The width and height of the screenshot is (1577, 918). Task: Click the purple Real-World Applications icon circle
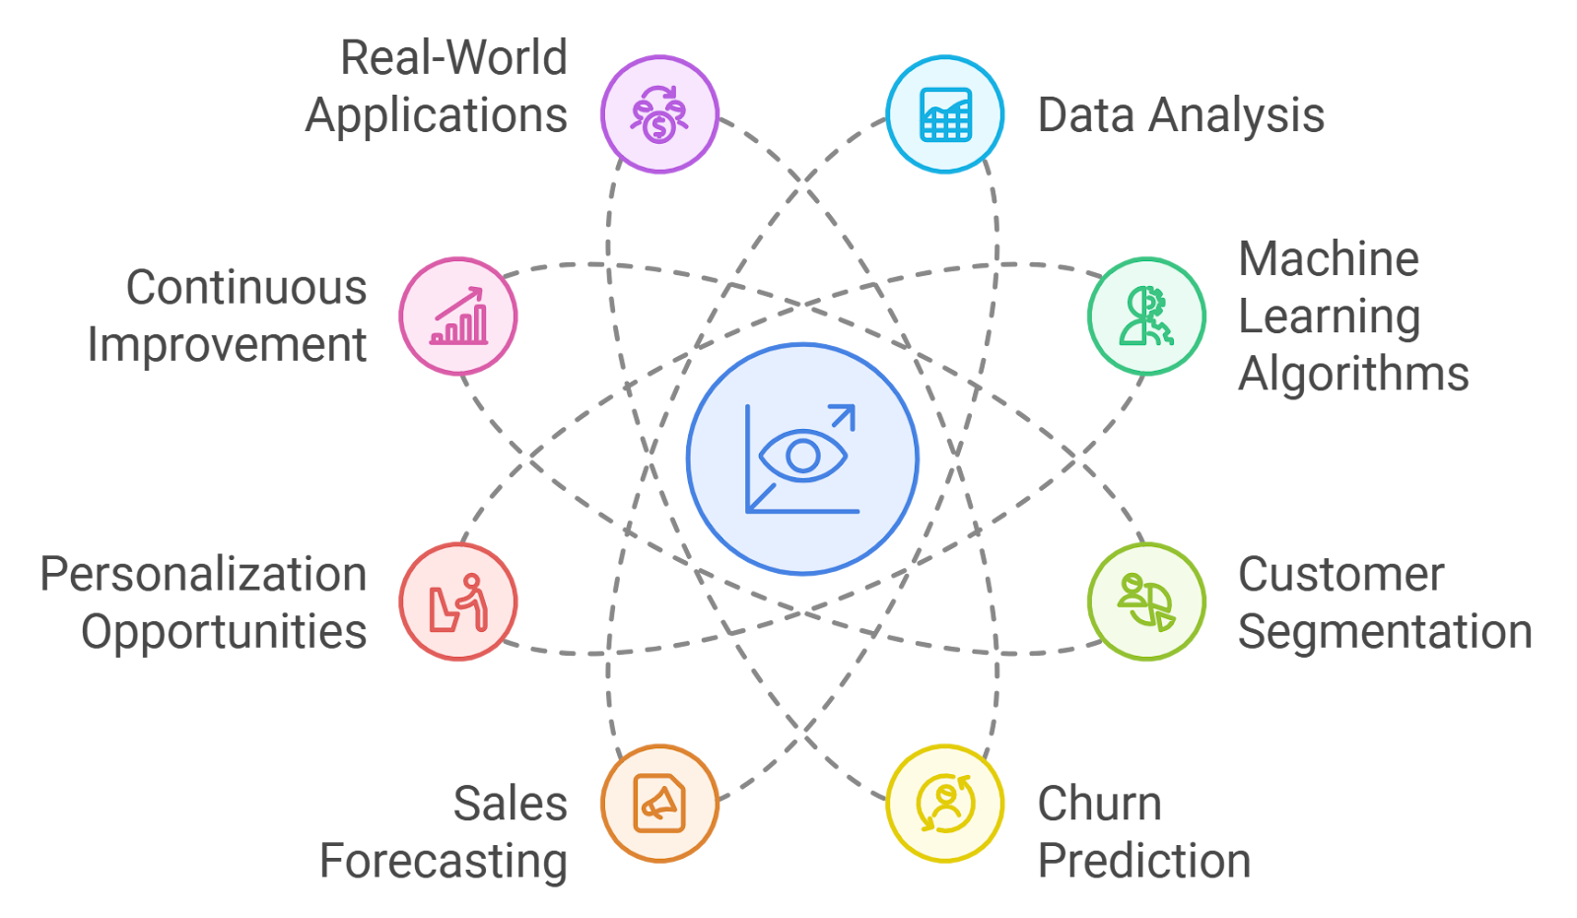pyautogui.click(x=659, y=114)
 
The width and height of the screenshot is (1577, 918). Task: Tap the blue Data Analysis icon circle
pyautogui.click(x=945, y=114)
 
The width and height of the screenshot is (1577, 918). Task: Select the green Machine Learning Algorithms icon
pyautogui.click(x=1146, y=316)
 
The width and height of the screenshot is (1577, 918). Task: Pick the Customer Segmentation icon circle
pyautogui.click(x=1146, y=600)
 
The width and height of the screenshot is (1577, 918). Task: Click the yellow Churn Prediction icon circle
pyautogui.click(x=945, y=803)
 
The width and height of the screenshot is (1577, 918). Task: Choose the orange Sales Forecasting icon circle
pyautogui.click(x=659, y=803)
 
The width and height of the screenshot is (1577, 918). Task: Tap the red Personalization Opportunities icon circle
pyautogui.click(x=458, y=600)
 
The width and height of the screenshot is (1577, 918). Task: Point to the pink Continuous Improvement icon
pyautogui.click(x=458, y=316)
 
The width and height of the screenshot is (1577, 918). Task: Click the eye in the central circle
pyautogui.click(x=803, y=456)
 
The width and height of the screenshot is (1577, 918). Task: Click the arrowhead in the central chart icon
pyautogui.click(x=846, y=414)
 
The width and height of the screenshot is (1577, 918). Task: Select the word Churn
pyautogui.click(x=1099, y=804)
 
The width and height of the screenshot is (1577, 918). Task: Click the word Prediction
pyautogui.click(x=1144, y=861)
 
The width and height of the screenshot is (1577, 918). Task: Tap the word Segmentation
pyautogui.click(x=1385, y=632)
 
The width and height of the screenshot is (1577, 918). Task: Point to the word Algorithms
pyautogui.click(x=1353, y=375)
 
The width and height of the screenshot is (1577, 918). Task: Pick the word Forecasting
pyautogui.click(x=444, y=861)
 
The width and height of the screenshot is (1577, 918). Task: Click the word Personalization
pyautogui.click(x=203, y=575)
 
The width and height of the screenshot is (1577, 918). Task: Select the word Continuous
pyautogui.click(x=246, y=288)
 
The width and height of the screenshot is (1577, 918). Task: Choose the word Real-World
pyautogui.click(x=453, y=57)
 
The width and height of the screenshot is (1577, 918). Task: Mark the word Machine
pyautogui.click(x=1329, y=259)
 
